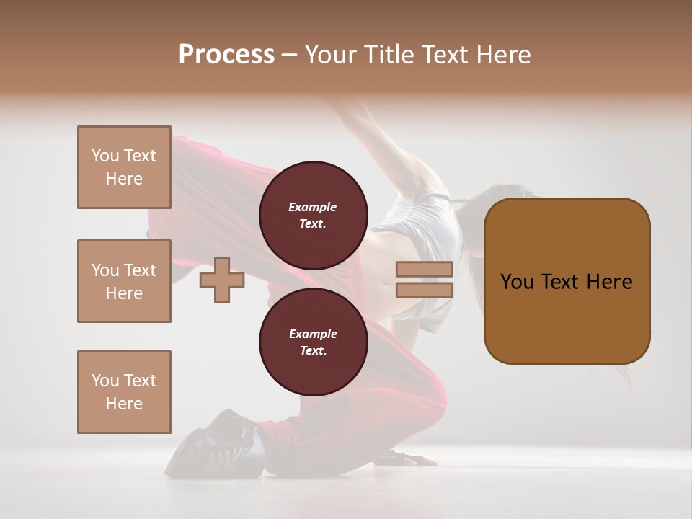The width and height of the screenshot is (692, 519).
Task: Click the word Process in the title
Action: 226,55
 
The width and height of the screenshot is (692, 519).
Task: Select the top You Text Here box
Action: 124,167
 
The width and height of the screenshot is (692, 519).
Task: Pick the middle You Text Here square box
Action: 124,281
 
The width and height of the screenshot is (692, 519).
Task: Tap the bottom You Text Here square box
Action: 124,392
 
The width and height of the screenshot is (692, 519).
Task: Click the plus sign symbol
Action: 222,280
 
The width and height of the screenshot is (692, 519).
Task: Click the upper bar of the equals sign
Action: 424,270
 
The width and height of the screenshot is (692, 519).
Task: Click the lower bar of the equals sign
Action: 424,290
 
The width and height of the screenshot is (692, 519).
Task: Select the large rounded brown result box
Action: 567,281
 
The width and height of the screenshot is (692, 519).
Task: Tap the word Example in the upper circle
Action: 313,207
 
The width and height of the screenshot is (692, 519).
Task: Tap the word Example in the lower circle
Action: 313,334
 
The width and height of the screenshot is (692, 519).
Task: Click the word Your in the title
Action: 329,55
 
